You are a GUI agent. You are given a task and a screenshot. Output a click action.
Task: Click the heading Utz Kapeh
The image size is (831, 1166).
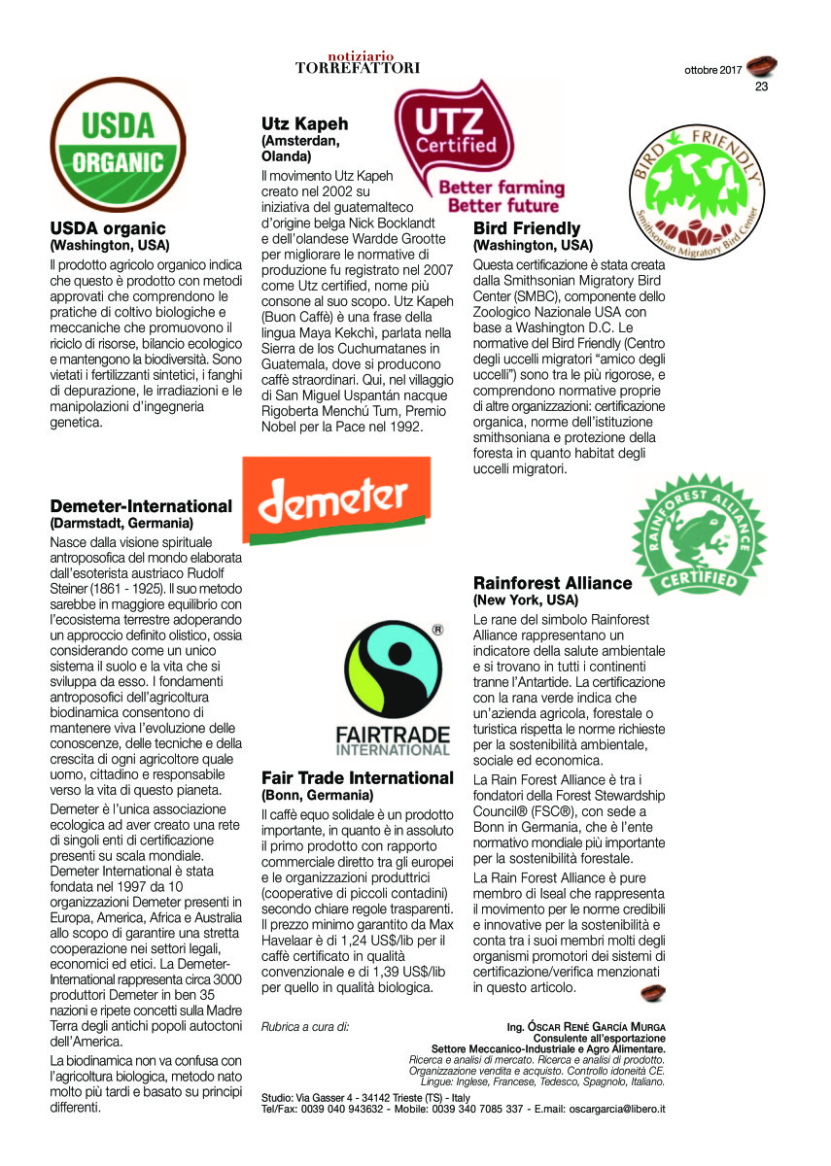pyautogui.click(x=304, y=124)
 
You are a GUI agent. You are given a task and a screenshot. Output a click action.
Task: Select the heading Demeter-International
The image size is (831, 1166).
pyautogui.click(x=141, y=506)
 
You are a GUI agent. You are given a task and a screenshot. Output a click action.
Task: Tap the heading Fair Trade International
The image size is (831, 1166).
pyautogui.click(x=357, y=778)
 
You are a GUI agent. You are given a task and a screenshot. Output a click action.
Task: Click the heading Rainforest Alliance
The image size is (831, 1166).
pyautogui.click(x=552, y=583)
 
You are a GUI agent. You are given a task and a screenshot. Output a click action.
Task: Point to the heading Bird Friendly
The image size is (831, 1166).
pyautogui.click(x=527, y=229)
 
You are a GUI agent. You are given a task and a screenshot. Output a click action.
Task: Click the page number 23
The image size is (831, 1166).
pyautogui.click(x=762, y=86)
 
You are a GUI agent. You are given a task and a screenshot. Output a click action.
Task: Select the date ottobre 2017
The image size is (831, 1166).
pyautogui.click(x=712, y=70)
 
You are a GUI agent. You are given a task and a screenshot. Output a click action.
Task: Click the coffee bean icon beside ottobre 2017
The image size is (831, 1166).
pyautogui.click(x=762, y=66)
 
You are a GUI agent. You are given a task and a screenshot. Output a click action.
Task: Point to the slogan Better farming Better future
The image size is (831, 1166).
pyautogui.click(x=502, y=196)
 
